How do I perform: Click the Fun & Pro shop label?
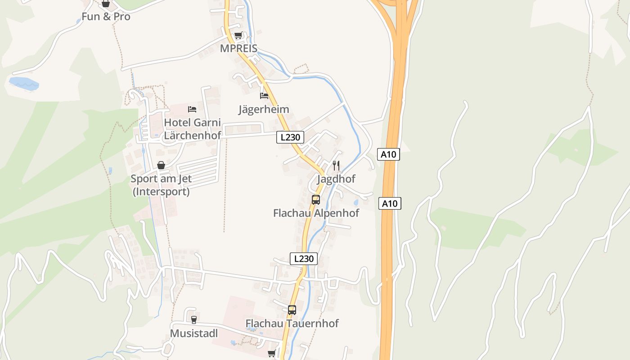point(106,17)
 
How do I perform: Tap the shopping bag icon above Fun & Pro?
point(106,4)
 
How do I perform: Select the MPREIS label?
point(238,48)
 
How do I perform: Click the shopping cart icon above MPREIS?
point(238,35)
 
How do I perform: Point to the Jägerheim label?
point(264,109)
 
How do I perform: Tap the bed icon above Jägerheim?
point(264,96)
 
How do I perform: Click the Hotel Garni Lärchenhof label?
point(193,129)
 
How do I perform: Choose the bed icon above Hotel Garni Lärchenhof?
point(192,109)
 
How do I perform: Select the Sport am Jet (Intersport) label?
point(161,185)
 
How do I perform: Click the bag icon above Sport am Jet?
point(161,166)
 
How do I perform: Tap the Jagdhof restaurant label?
point(336,179)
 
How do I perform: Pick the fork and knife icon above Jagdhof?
point(336,165)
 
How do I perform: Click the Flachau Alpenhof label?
point(316,213)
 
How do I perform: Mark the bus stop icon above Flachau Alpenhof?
point(316,200)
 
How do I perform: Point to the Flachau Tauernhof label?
point(292,323)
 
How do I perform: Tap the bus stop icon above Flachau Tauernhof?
point(292,310)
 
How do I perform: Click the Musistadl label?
point(194,333)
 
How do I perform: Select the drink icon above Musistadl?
point(194,320)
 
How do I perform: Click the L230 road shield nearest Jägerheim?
point(290,137)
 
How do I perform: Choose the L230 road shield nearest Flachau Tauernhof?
point(304,259)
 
